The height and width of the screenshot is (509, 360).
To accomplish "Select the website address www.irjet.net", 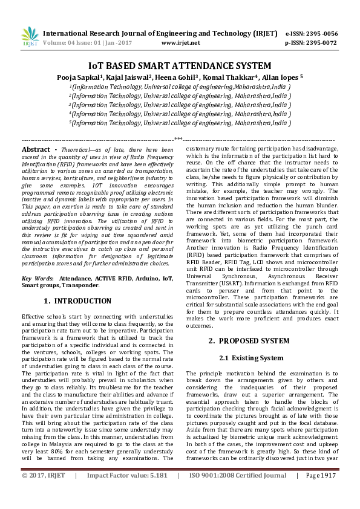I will [x=181, y=43].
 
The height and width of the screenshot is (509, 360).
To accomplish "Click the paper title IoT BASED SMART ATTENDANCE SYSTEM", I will [x=180, y=66].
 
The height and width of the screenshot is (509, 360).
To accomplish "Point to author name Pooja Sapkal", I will [x=95, y=77].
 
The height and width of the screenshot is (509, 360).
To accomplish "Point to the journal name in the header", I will [x=160, y=34].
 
